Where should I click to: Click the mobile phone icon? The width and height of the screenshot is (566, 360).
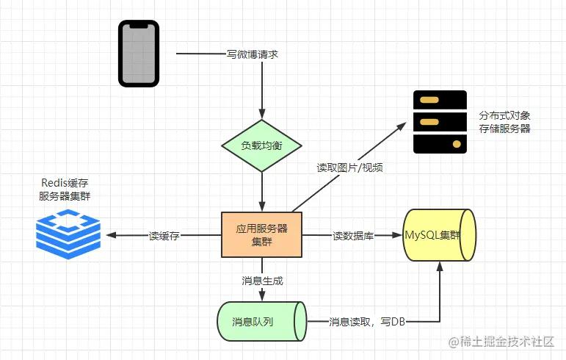click(139, 54)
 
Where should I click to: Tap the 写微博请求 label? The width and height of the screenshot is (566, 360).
click(252, 54)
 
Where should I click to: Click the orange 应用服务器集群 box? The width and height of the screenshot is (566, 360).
click(262, 234)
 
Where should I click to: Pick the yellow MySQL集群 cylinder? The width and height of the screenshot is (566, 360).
click(439, 235)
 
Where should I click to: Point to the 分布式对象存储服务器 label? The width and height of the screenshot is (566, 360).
click(504, 122)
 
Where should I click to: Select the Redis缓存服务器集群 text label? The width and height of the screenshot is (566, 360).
click(67, 189)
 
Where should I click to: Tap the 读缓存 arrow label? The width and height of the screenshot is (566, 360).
click(164, 236)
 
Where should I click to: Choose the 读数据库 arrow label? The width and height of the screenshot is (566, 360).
click(353, 236)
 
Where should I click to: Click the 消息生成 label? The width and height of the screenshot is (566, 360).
click(262, 280)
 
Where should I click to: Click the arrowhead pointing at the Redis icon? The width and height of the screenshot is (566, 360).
click(110, 236)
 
